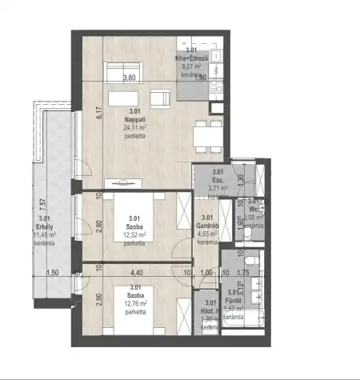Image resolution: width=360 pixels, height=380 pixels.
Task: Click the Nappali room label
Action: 134,120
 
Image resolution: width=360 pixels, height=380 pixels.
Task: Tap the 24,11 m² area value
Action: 134,128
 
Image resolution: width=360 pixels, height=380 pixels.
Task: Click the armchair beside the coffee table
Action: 161,100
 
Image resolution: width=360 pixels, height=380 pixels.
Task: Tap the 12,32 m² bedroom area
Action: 134,235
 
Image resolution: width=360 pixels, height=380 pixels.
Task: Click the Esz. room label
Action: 217,181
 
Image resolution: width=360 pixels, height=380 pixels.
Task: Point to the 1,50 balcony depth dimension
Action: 53,273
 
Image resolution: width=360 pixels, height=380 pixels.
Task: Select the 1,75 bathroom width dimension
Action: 246,273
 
